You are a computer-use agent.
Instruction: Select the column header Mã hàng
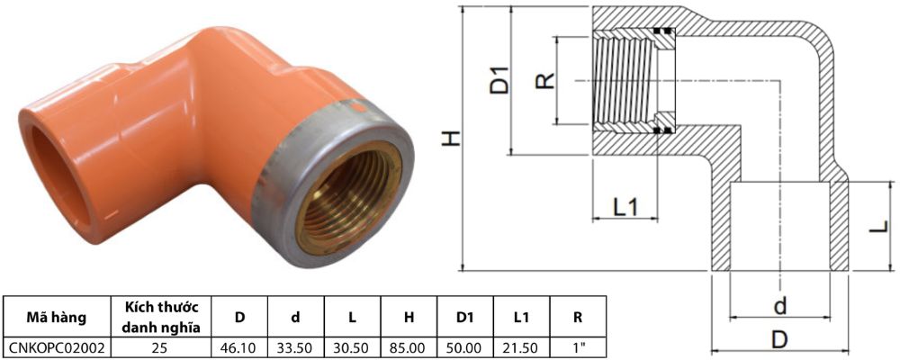click(55, 316)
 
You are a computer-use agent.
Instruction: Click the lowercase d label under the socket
click(780, 306)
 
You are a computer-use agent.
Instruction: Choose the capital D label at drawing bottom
click(780, 339)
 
